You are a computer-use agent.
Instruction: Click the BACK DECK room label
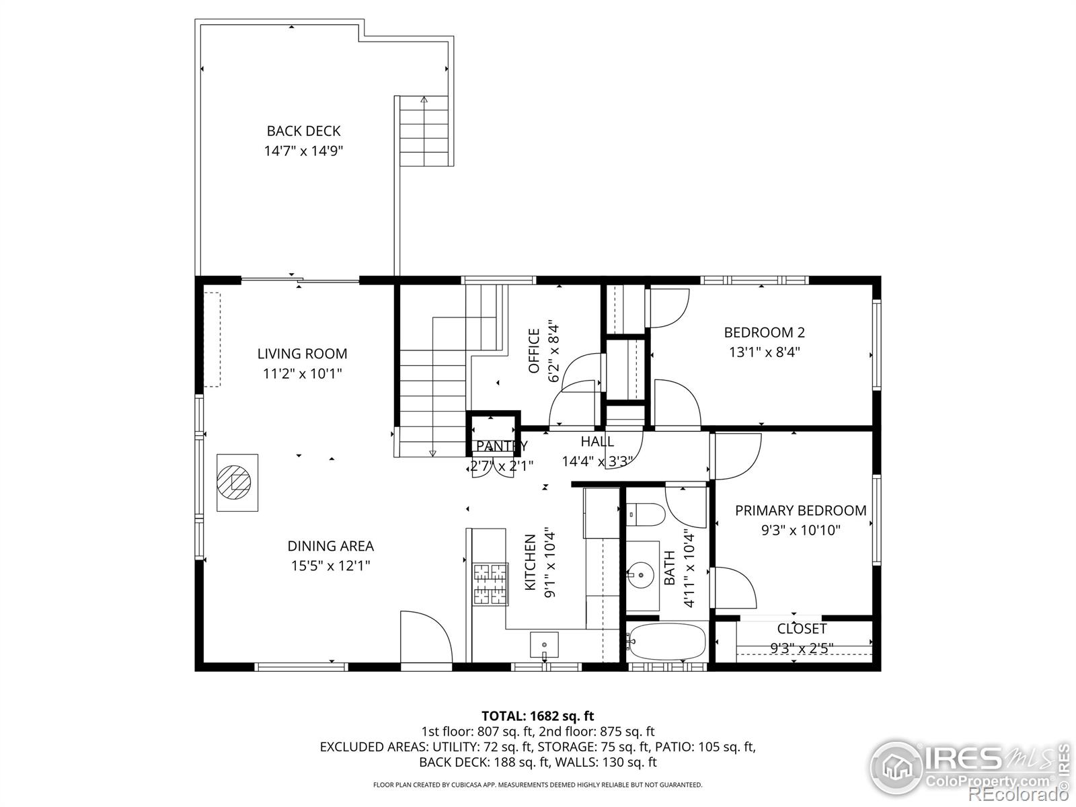point(303,131)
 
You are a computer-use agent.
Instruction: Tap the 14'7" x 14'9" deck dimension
point(303,151)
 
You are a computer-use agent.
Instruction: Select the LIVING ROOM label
point(302,353)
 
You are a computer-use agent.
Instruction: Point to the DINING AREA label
point(330,545)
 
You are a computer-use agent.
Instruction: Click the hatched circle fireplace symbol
point(234,482)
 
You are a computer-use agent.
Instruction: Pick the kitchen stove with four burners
point(490,584)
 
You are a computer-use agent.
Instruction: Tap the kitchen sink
point(544,644)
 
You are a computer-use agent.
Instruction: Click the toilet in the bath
point(645,515)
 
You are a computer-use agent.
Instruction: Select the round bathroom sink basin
point(640,575)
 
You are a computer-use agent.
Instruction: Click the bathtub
point(667,642)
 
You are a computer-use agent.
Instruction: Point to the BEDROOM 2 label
point(764,332)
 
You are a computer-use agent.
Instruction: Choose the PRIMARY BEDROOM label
point(800,510)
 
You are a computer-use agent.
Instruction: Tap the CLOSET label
point(802,628)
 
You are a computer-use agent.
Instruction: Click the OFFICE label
point(534,351)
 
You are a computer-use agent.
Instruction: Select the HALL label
point(597,441)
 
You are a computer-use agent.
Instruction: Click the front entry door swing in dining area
point(426,637)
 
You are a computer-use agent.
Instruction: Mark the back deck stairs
point(424,131)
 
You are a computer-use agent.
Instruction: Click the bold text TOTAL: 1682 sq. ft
point(538,716)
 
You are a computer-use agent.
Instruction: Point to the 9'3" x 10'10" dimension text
point(800,530)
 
